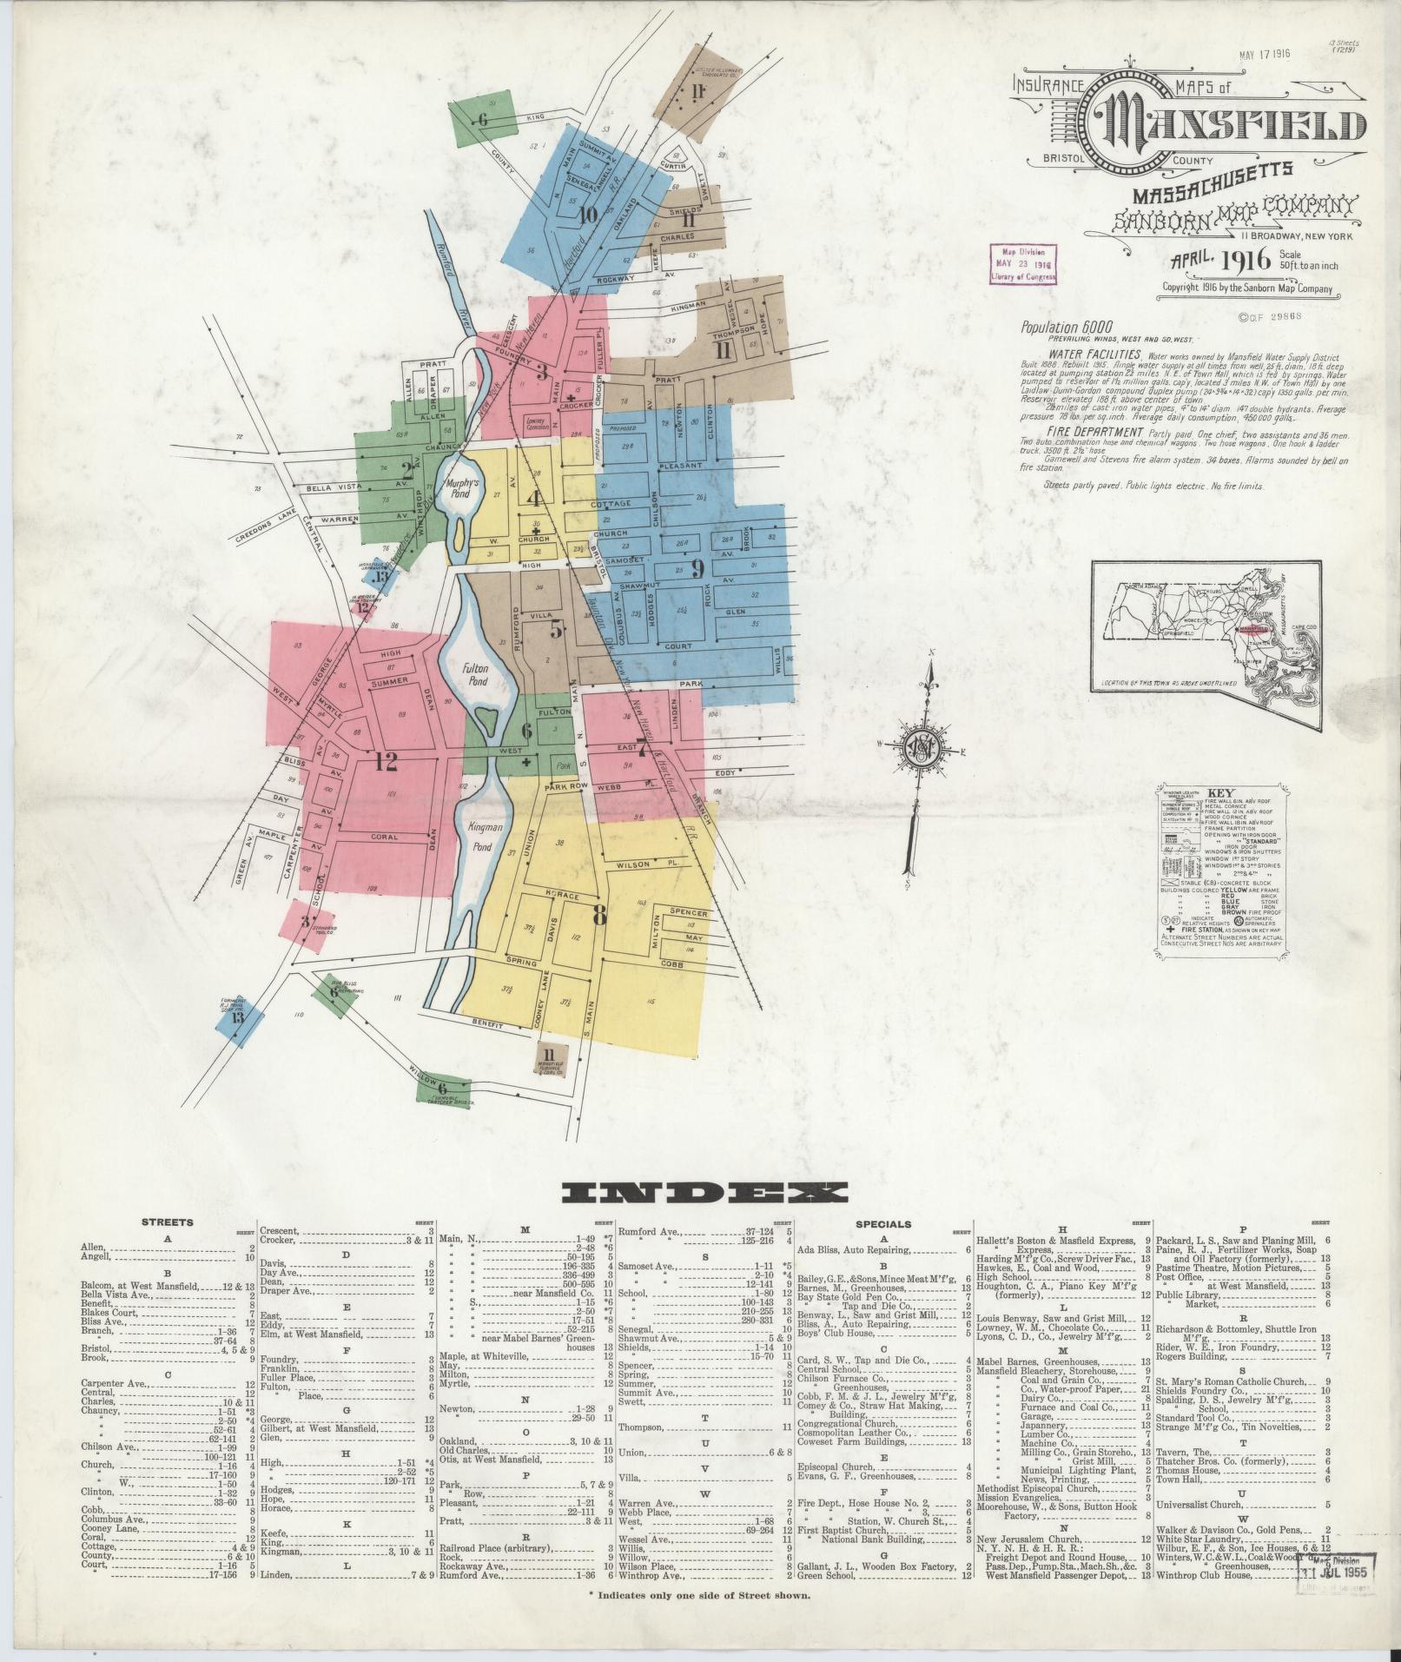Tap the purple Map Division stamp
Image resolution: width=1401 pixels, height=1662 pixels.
[1025, 264]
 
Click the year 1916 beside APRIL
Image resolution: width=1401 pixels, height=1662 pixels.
[1246, 259]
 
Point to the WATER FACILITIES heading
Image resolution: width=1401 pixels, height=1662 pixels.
[1094, 355]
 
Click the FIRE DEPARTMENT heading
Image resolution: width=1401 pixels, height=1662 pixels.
[1094, 432]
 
